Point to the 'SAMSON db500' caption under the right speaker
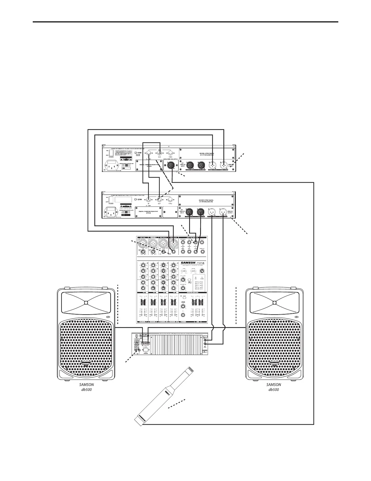(274, 387)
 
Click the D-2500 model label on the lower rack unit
(138, 200)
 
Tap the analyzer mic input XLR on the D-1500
(169, 165)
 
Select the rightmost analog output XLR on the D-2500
(223, 213)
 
